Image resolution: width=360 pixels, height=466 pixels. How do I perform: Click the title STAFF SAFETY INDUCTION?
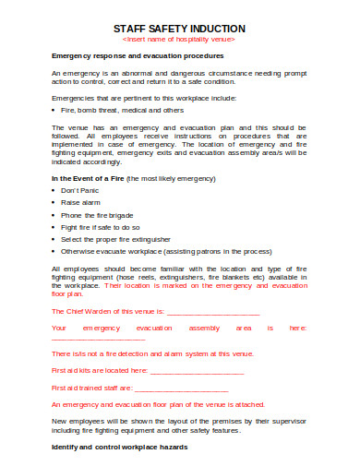pyautogui.click(x=179, y=29)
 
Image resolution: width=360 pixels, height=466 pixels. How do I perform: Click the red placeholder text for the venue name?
pyautogui.click(x=179, y=41)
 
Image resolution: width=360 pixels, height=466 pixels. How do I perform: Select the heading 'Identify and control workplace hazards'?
pyautogui.click(x=120, y=447)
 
